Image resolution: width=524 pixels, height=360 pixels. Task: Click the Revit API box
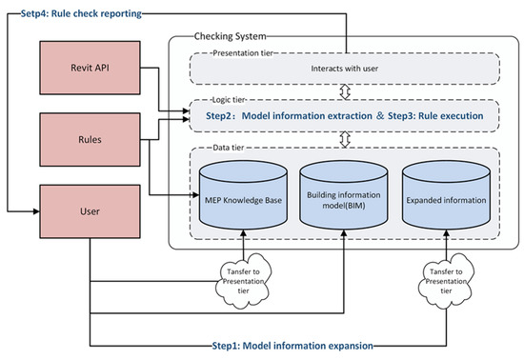click(90, 68)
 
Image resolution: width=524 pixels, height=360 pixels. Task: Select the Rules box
click(90, 140)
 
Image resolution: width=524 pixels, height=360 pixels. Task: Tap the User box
click(90, 211)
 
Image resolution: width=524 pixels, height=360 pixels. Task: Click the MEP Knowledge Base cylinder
click(243, 195)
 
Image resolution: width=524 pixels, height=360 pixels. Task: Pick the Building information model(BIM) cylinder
click(344, 195)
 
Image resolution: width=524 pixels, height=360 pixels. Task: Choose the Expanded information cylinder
click(447, 195)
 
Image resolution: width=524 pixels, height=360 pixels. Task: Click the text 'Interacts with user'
click(345, 69)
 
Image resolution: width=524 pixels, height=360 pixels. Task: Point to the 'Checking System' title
click(231, 36)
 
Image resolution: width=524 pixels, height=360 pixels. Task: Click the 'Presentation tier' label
click(243, 53)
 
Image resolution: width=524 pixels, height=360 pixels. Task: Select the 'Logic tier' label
click(229, 100)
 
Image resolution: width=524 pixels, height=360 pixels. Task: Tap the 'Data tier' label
click(229, 148)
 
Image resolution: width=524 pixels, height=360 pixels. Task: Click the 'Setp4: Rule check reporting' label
click(81, 13)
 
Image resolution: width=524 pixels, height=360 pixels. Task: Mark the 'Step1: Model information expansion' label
click(292, 346)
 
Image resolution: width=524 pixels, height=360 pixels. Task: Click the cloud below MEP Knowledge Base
click(243, 281)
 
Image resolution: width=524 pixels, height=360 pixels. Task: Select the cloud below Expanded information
click(446, 281)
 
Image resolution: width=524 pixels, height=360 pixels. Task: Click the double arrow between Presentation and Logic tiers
click(345, 91)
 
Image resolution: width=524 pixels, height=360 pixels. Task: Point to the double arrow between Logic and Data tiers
click(345, 140)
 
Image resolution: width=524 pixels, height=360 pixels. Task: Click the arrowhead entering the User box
click(36, 211)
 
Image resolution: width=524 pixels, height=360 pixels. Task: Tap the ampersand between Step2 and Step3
click(380, 116)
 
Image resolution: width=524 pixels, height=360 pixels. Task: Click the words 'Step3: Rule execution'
click(435, 116)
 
